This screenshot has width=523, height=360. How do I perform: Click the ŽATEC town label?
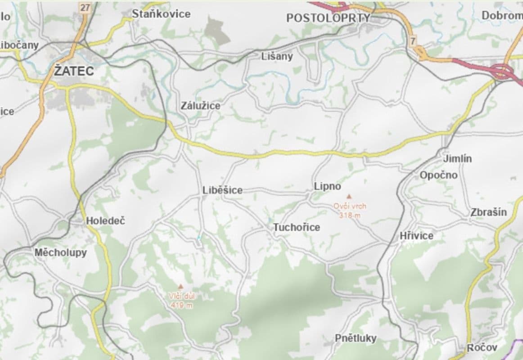[x=74, y=71]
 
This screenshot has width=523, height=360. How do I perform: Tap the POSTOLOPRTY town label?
[x=328, y=18]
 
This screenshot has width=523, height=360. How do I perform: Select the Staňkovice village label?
[x=161, y=14]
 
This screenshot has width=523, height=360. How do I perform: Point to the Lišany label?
[x=277, y=56]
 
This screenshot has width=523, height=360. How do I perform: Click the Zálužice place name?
[x=200, y=106]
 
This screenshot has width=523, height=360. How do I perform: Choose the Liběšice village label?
[x=222, y=190]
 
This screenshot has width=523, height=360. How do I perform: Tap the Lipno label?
[x=327, y=186]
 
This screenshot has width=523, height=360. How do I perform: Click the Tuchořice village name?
[x=297, y=227]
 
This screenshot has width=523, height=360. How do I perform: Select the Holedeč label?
[x=105, y=221]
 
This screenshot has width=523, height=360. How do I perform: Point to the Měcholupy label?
[x=61, y=252]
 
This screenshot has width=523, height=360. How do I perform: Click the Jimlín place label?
[x=457, y=159]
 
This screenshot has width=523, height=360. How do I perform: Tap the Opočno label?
[x=438, y=175]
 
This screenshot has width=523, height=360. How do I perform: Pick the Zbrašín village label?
[x=488, y=212]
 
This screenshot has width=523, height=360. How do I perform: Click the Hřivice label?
[x=416, y=236]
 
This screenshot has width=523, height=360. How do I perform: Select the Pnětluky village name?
[x=355, y=338]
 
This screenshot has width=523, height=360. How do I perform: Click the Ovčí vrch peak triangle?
[x=348, y=197]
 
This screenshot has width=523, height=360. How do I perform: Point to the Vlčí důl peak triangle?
[x=180, y=286]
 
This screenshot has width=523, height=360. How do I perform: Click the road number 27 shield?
[x=85, y=7]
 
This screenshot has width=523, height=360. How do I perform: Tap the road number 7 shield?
[x=413, y=41]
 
